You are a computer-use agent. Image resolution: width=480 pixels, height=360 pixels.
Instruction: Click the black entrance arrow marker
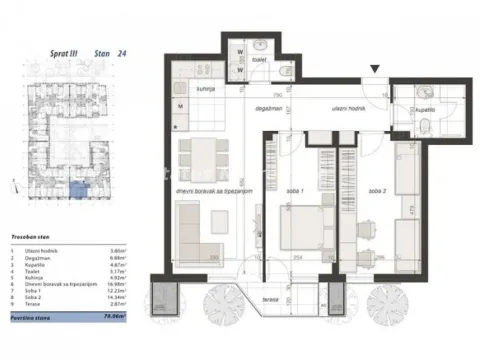point(374,69)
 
